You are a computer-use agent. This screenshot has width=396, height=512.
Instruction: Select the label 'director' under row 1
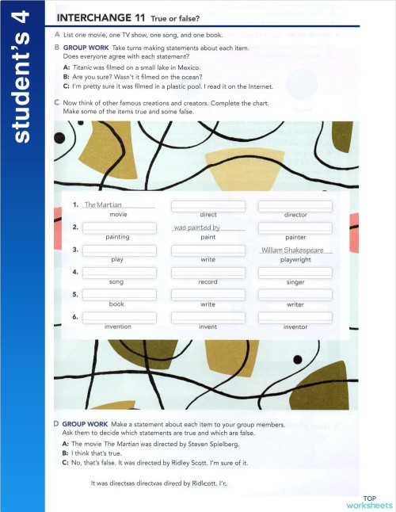tap(295, 215)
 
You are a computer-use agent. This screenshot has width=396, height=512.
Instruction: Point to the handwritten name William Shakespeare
tap(295, 250)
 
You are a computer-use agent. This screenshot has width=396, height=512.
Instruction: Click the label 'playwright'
tap(295, 260)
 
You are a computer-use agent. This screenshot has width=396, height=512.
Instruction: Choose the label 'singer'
tap(295, 282)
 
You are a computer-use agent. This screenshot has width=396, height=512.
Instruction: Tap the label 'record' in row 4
tap(208, 282)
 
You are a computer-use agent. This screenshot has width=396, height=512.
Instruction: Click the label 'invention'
tap(117, 327)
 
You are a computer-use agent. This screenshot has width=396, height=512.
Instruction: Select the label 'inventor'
tap(295, 327)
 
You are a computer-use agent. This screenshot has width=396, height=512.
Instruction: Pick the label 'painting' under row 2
tap(117, 237)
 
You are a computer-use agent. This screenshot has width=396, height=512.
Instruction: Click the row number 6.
tap(74, 317)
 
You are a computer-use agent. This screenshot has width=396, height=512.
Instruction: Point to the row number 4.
tap(74, 273)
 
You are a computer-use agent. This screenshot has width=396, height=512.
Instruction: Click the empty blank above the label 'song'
tap(120, 272)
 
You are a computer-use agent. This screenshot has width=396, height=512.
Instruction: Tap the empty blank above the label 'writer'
tap(295, 294)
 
